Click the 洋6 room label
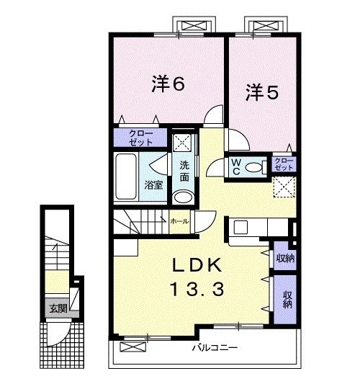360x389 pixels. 168,84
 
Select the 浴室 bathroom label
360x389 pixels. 153,184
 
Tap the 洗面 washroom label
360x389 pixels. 184,171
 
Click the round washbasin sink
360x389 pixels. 184,197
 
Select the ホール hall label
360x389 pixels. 179,222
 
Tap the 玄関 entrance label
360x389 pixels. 58,308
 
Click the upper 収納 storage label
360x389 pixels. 286,258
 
